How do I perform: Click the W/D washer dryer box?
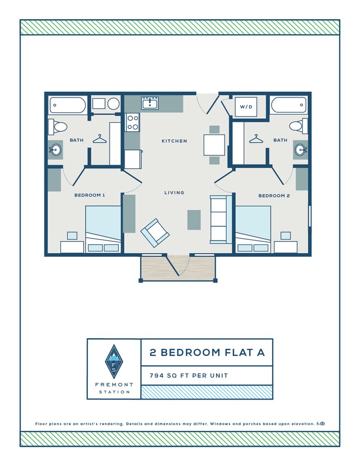click(x=245, y=107)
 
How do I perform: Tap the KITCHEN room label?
click(x=174, y=141)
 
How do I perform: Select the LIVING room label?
click(x=174, y=193)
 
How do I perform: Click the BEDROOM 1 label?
click(x=90, y=195)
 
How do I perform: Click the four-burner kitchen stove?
click(x=133, y=122)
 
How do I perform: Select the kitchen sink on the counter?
click(x=151, y=103)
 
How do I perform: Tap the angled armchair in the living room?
click(x=155, y=232)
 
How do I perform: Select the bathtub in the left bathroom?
click(x=68, y=105)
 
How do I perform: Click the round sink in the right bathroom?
click(x=301, y=150)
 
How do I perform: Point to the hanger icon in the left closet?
click(x=100, y=139)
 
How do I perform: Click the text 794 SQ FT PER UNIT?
click(x=189, y=375)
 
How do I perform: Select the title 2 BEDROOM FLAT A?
click(x=207, y=353)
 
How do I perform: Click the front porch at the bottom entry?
click(x=178, y=268)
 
